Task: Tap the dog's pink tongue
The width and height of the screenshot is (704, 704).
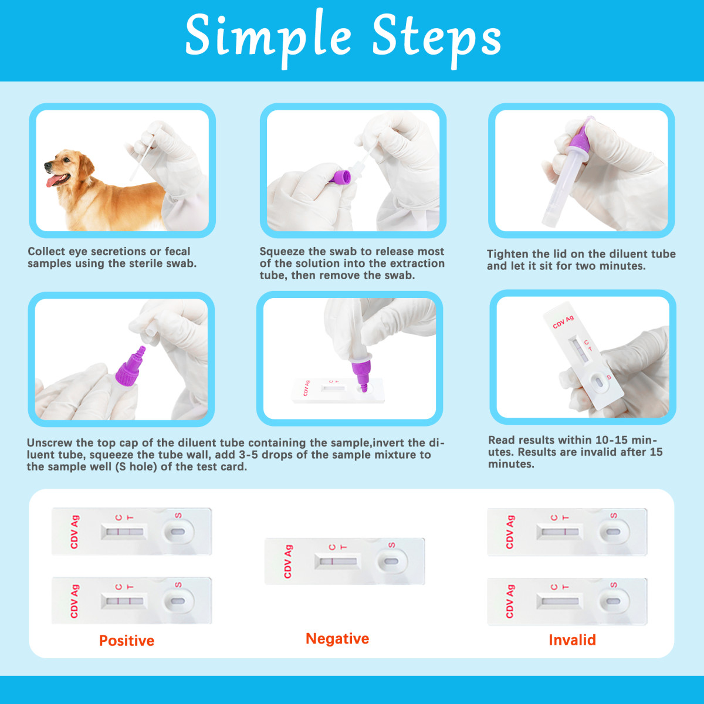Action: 54,180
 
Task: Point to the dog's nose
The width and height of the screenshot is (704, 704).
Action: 48,165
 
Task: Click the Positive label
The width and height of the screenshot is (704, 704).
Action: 127,641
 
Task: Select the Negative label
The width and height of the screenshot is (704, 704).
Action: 337,638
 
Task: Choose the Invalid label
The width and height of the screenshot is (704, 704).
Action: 572,639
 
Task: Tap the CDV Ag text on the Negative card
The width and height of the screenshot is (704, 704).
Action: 288,561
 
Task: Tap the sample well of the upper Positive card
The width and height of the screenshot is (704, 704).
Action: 178,531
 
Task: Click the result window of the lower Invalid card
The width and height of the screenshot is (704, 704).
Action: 560,601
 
